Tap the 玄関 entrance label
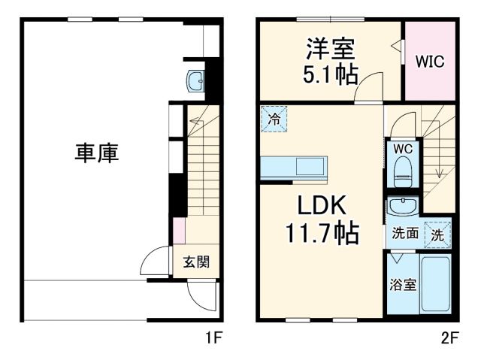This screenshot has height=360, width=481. pos(196,262)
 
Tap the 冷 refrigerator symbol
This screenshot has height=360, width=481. pos(274,119)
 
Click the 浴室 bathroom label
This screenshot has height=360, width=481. pos(403,286)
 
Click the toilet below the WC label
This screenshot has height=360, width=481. pos(403,172)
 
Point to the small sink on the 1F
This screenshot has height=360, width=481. pos(195,80)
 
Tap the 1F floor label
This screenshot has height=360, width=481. pos(214,338)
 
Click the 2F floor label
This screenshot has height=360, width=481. pos(449,338)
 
